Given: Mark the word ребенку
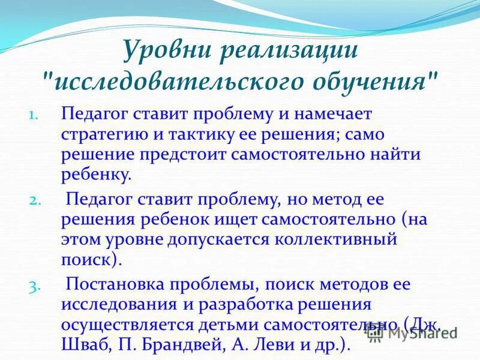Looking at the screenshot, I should click(x=95, y=176).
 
